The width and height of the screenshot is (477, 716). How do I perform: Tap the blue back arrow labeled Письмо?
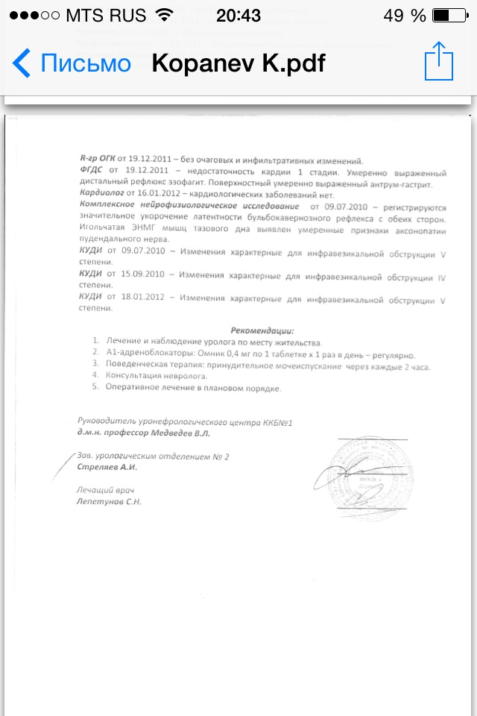point(71,63)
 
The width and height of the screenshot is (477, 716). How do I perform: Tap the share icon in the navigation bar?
point(438,62)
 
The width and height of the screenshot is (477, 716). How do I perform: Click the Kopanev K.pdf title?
point(238,63)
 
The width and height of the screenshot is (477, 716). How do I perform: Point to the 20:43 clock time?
point(238,16)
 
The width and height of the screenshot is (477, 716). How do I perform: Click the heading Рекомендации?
point(262,330)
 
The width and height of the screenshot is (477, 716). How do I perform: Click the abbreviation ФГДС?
point(91,171)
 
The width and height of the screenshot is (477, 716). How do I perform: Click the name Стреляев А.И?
point(107,467)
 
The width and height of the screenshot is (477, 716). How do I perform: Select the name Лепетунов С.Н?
point(109,502)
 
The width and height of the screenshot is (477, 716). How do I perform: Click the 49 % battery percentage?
point(405,16)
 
